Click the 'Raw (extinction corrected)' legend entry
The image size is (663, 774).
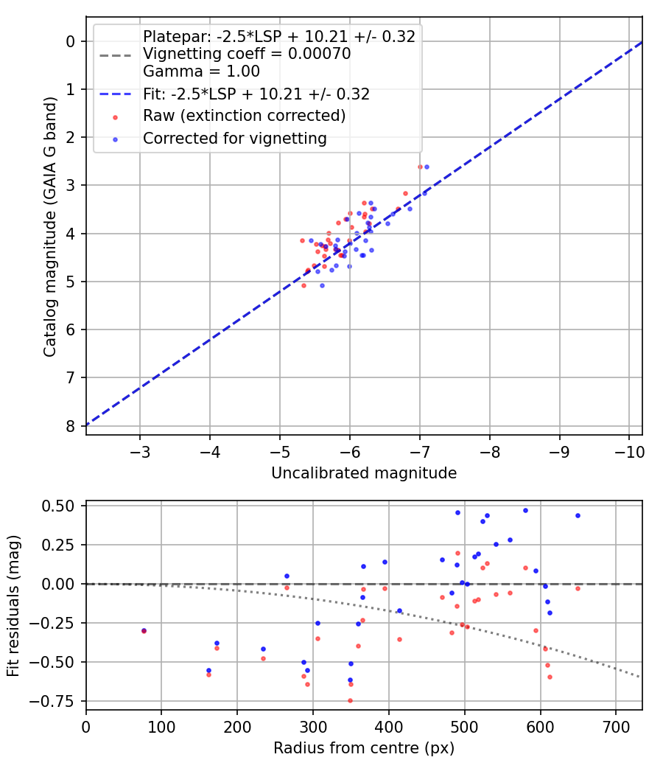(x=244, y=116)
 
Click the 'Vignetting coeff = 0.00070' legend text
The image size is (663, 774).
(x=247, y=54)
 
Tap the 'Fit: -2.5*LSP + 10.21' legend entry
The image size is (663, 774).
(x=256, y=94)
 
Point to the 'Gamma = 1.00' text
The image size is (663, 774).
(x=201, y=72)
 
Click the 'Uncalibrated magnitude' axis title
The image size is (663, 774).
(x=364, y=473)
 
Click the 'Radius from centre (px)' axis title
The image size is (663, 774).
(x=364, y=748)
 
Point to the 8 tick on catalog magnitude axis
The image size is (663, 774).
(x=70, y=426)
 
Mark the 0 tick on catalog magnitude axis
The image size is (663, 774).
(x=70, y=41)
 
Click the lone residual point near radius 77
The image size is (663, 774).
(x=144, y=631)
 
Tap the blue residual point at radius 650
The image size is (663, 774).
(x=578, y=515)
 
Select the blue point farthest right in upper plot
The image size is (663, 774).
(x=427, y=167)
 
